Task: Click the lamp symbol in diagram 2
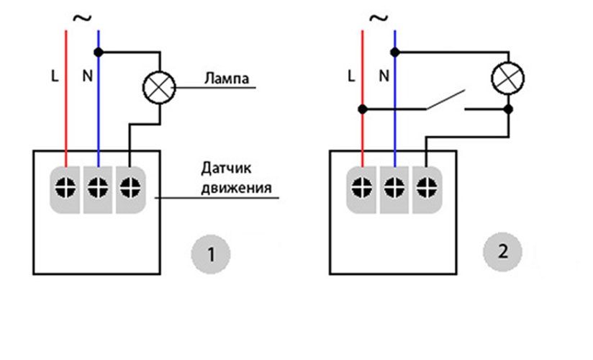pos(507,78)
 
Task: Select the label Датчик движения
pos(236,181)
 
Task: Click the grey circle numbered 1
pos(210,254)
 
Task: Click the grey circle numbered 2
pos(502,252)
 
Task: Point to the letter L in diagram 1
pos(55,76)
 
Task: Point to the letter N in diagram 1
pos(87,76)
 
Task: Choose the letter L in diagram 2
pos(350,76)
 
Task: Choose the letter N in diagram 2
pos(384,76)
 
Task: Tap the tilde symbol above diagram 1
pos(83,17)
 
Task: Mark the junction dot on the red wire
pos(363,109)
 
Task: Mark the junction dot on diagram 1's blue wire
pos(99,52)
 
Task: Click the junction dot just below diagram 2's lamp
pos(508,109)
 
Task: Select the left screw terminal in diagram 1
pos(65,187)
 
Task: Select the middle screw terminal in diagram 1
pos(98,187)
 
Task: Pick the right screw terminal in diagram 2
pos(426,187)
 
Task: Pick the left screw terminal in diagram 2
pos(362,187)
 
